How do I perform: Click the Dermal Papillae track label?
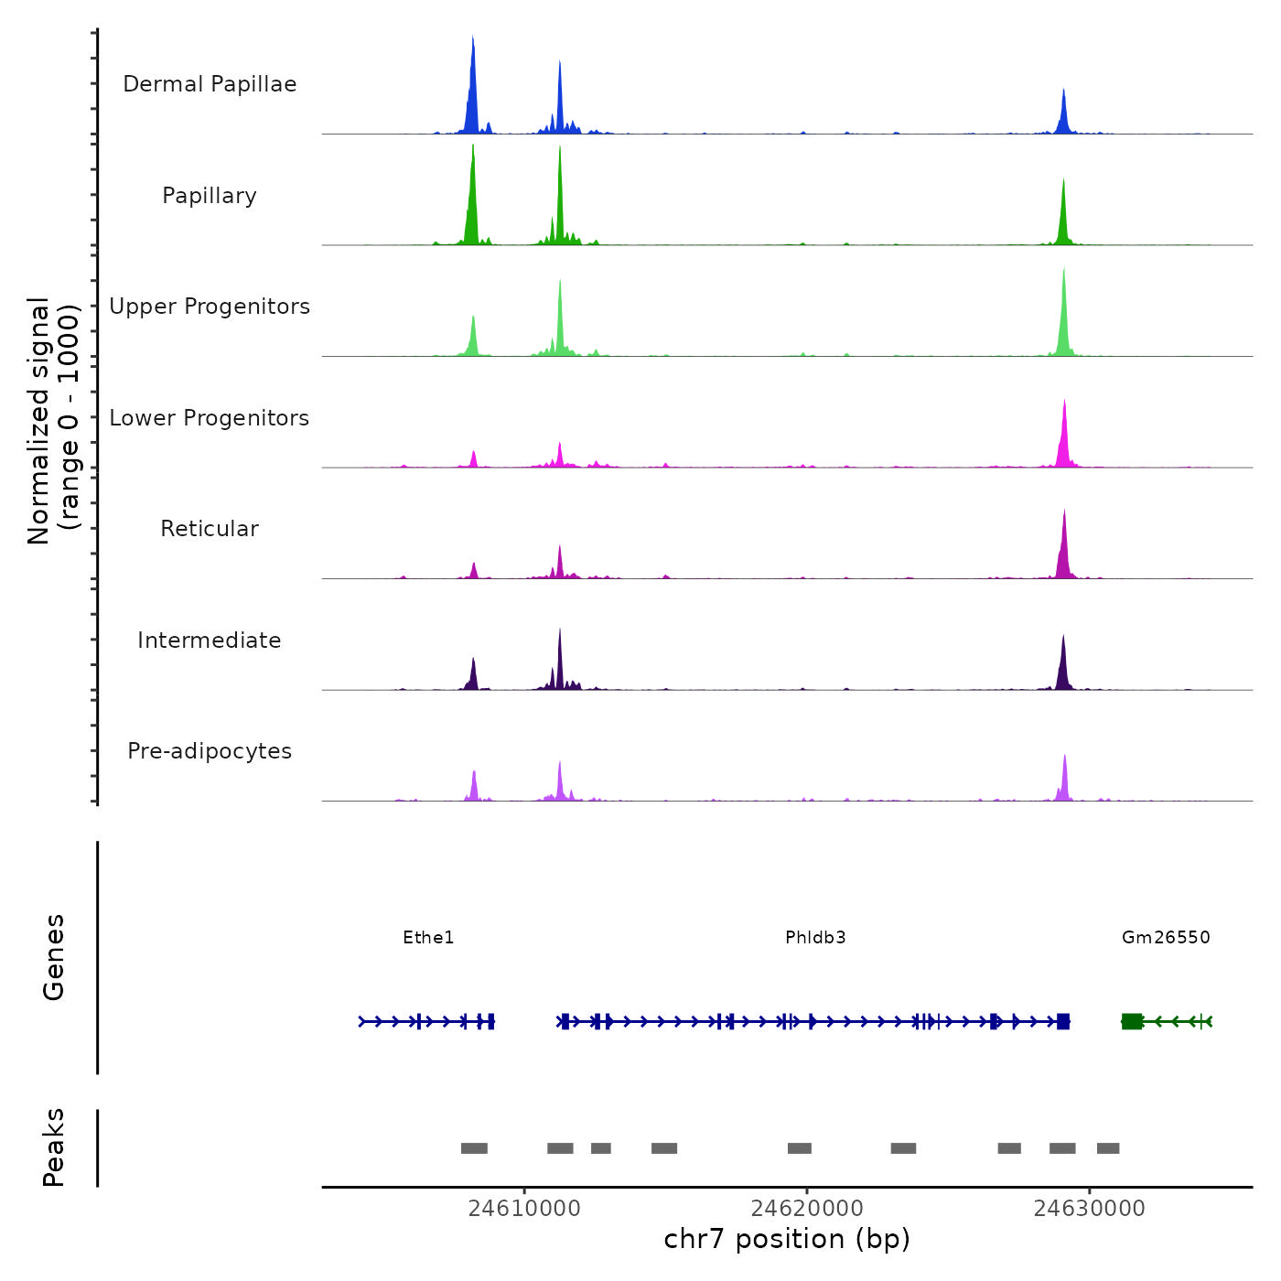tap(210, 84)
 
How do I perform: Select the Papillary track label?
tap(210, 196)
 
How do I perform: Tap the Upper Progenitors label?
tap(210, 307)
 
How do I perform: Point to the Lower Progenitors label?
tap(210, 418)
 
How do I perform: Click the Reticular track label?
tap(210, 529)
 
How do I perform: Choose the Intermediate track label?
tap(210, 640)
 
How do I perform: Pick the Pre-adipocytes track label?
tap(210, 751)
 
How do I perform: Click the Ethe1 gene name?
tap(428, 938)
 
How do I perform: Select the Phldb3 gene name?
tap(815, 938)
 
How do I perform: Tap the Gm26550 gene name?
tap(1166, 938)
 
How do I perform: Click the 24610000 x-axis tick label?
tap(524, 1209)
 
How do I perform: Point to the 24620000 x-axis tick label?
tap(807, 1209)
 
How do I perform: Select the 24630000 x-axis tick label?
tap(1089, 1209)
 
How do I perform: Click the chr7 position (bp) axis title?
tap(787, 1239)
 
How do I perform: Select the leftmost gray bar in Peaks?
tap(474, 1148)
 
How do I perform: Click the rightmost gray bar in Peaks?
tap(1108, 1148)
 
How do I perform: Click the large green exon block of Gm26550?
tap(1132, 1021)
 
